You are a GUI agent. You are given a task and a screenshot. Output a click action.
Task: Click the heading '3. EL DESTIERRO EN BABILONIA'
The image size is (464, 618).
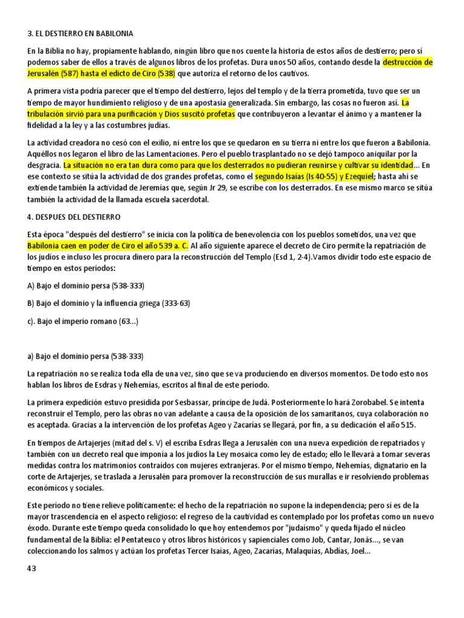[x=80, y=33]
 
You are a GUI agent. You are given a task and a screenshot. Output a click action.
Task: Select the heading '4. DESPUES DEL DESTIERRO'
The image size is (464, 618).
[x=74, y=217]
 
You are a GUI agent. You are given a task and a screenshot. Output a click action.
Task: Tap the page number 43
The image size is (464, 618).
[x=32, y=569]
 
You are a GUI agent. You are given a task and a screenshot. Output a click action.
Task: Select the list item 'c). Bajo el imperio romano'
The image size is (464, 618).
[x=83, y=322]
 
